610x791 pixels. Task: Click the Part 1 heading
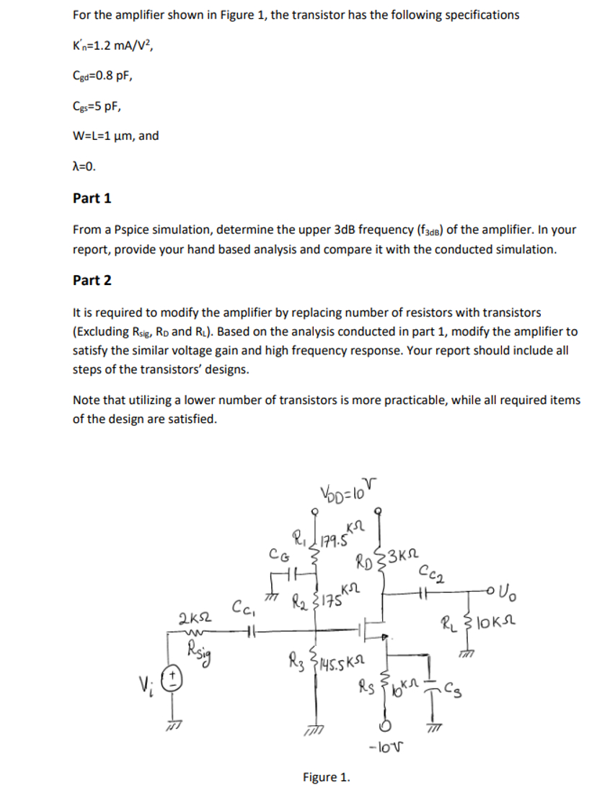point(92,198)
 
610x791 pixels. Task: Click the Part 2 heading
point(92,281)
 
